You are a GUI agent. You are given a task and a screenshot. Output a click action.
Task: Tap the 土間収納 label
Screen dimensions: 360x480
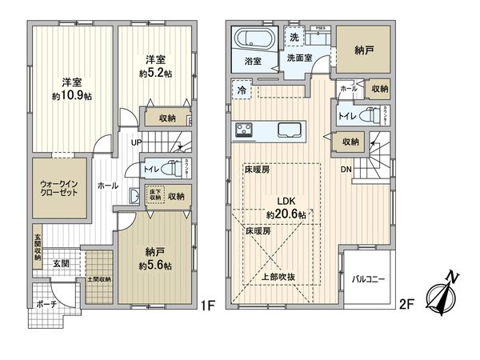100,279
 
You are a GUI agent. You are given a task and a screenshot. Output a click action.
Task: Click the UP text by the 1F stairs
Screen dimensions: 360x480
138,142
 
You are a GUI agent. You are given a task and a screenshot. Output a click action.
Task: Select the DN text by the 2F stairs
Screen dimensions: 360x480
345,170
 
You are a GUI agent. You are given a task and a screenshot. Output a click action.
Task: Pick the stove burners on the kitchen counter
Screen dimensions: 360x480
245,130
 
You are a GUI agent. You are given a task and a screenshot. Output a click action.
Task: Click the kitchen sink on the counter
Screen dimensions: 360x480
290,130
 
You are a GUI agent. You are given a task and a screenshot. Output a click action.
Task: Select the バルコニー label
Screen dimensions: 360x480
369,279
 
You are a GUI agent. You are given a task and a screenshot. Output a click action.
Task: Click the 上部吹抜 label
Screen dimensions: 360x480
280,278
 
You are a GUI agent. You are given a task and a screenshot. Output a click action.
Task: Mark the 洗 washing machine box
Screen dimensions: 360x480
293,38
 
